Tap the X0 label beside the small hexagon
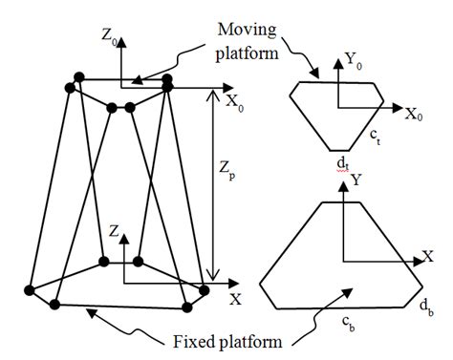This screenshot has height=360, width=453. coord(415,115)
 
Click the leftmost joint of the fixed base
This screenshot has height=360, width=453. coord(31,289)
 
